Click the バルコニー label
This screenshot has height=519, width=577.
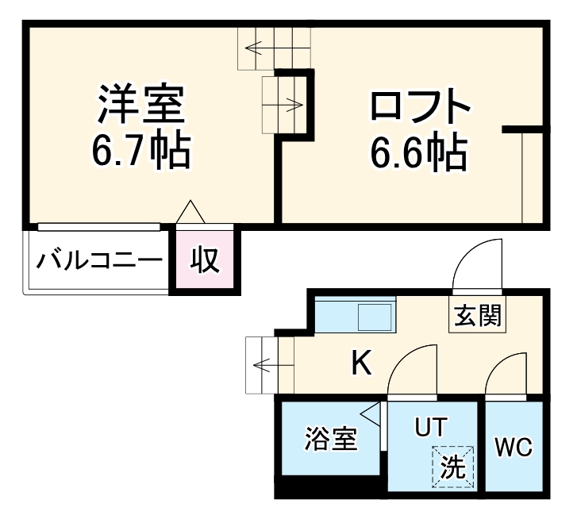pos(99,260)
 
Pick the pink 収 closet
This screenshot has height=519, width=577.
pos(205,259)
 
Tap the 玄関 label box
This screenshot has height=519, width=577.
pos(478,317)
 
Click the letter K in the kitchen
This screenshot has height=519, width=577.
pos(361,364)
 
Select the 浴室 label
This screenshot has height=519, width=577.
pos(331,440)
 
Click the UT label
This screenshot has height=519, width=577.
pos(432,426)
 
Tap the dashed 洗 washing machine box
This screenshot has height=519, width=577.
pos(453,465)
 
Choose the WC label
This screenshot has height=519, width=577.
pos(514,447)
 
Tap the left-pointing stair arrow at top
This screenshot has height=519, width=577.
pos(261,48)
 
